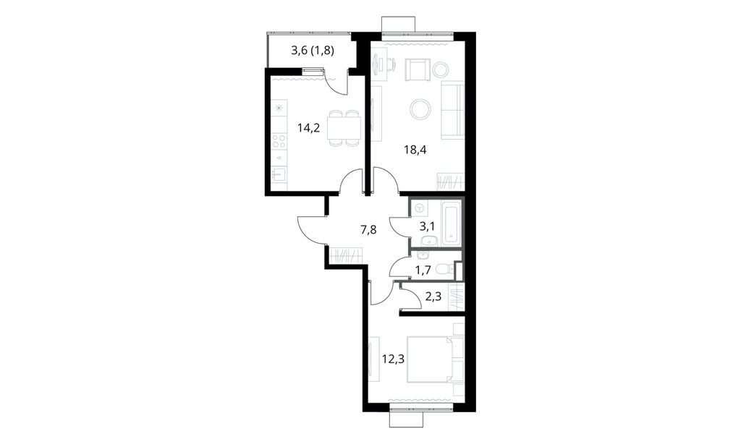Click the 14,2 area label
pos(308,129)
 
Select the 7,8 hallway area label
pos(369,230)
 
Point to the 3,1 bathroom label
pos(428,226)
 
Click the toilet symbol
pos(449,269)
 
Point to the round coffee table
pos(420,109)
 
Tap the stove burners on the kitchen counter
pos(279,141)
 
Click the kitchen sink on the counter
pos(279,174)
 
